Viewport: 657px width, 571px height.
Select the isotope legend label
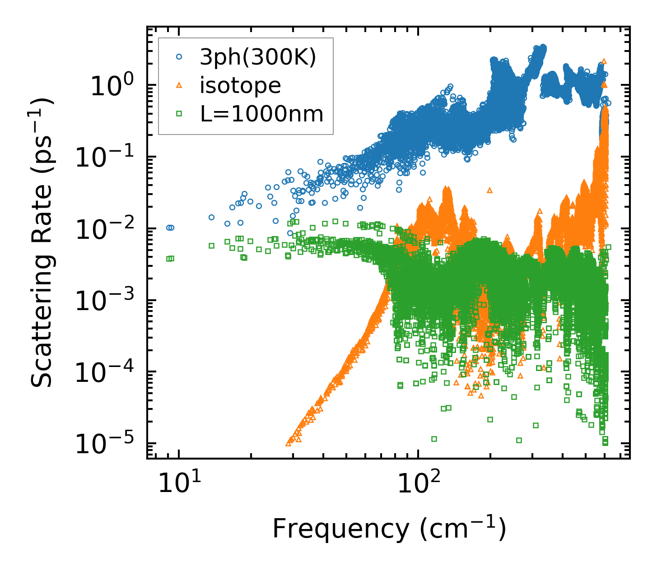tap(240, 85)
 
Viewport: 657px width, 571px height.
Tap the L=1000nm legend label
tap(262, 114)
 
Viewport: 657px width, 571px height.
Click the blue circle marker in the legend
tap(179, 57)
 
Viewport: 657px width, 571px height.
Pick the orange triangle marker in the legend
tap(179, 85)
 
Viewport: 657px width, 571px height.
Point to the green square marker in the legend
tap(179, 114)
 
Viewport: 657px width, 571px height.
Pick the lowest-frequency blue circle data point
tap(168, 228)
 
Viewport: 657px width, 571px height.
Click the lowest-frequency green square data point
tap(168, 259)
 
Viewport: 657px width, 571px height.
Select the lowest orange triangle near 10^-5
tap(289, 444)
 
